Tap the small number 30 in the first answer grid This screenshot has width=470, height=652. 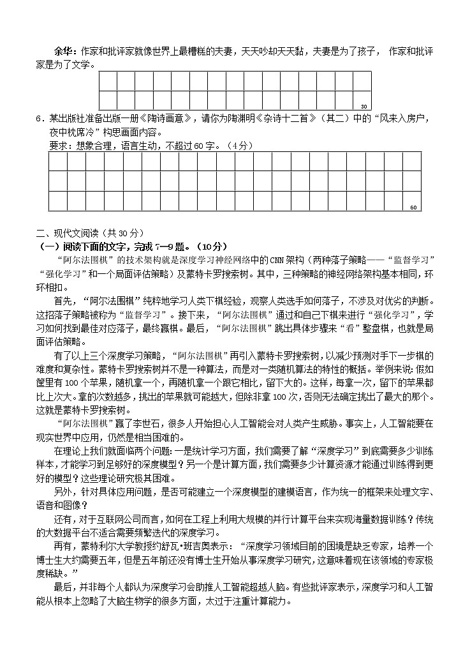coord(364,106)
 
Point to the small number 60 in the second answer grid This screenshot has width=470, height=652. coord(413,207)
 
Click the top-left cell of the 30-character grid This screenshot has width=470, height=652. coord(108,81)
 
